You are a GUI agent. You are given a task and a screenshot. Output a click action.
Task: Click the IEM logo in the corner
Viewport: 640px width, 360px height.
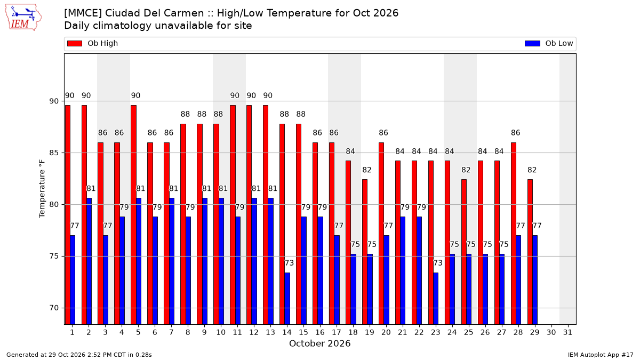(x=23, y=18)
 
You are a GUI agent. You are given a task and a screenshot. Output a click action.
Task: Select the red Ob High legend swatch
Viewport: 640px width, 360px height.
(x=75, y=43)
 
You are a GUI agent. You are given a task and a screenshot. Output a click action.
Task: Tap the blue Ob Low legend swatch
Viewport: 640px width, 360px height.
(x=532, y=43)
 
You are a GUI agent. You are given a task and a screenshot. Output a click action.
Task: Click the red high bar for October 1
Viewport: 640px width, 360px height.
(x=68, y=215)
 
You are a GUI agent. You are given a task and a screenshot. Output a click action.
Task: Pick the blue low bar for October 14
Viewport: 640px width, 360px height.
(x=287, y=299)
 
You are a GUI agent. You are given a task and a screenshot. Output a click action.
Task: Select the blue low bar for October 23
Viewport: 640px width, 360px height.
(x=436, y=299)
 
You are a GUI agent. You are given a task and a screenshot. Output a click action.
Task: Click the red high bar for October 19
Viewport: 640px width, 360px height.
(x=365, y=252)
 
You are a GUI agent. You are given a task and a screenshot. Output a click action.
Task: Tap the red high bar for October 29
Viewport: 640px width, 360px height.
(x=530, y=252)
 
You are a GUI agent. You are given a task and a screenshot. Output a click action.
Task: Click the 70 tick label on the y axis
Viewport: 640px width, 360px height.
(x=54, y=308)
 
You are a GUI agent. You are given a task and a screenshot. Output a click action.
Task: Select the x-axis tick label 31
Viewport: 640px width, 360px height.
(x=567, y=332)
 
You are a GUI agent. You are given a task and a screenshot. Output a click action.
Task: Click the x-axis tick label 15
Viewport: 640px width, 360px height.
(x=303, y=332)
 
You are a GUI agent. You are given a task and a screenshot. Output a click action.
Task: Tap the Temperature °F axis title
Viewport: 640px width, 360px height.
(x=42, y=189)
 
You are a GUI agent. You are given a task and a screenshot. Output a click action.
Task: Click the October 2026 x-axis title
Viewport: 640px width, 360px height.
(x=319, y=343)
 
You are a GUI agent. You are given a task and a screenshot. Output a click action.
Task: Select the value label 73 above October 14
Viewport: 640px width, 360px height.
(x=289, y=263)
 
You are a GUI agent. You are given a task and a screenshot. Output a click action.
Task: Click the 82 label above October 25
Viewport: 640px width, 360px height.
(x=466, y=170)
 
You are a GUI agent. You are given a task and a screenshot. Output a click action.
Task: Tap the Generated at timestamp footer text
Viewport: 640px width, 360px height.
(x=79, y=355)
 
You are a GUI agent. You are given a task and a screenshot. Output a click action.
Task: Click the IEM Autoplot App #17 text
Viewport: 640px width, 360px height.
(x=601, y=355)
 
